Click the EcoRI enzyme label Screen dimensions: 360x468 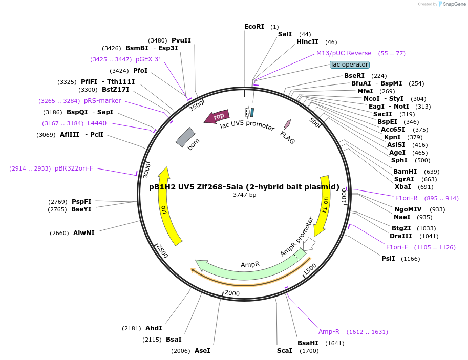point(254,27)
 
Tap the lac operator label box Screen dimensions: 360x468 point(350,65)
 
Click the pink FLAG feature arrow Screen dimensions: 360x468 point(287,124)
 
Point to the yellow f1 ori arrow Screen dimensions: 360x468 point(322,205)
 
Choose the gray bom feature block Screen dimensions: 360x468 point(185,137)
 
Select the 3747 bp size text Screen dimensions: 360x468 point(244,195)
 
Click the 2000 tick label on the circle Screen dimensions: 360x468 point(232,293)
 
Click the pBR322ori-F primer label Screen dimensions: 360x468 point(74,168)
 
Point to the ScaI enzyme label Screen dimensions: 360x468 point(285,351)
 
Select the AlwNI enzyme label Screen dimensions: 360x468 point(84,233)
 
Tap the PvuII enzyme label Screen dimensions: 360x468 point(181,40)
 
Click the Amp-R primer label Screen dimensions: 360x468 point(329,332)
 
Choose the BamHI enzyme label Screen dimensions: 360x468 point(405,172)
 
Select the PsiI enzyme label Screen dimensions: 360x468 point(388,259)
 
